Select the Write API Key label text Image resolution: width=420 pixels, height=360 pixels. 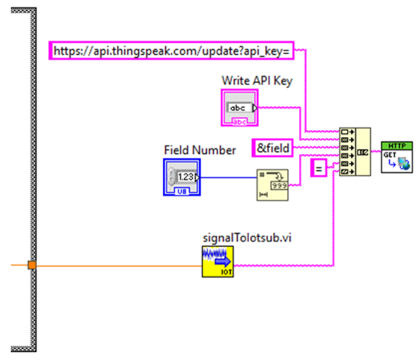click(257, 81)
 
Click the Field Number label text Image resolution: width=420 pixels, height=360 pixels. click(200, 150)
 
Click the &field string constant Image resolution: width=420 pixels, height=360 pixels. click(272, 148)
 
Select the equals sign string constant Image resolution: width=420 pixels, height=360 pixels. click(319, 168)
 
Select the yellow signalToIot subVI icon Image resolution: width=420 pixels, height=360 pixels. click(218, 262)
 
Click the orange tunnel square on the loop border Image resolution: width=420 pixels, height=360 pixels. click(32, 265)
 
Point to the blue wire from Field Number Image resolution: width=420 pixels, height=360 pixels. click(227, 177)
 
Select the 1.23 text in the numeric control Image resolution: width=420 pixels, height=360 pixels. click(185, 177)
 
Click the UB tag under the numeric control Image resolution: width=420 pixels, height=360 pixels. click(181, 190)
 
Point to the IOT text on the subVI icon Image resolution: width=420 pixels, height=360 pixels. click(225, 273)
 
